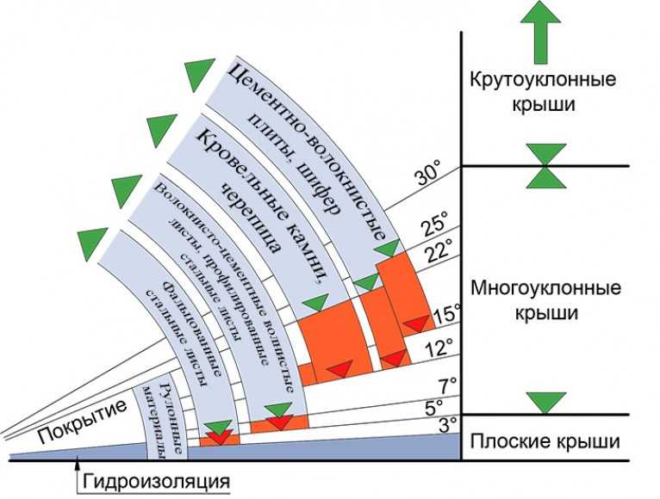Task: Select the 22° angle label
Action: pyautogui.click(x=439, y=251)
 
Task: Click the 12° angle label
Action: pyautogui.click(x=440, y=348)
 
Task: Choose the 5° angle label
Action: pyautogui.click(x=433, y=404)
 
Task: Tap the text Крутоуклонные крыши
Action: pyautogui.click(x=543, y=91)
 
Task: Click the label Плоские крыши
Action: pyautogui.click(x=545, y=442)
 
